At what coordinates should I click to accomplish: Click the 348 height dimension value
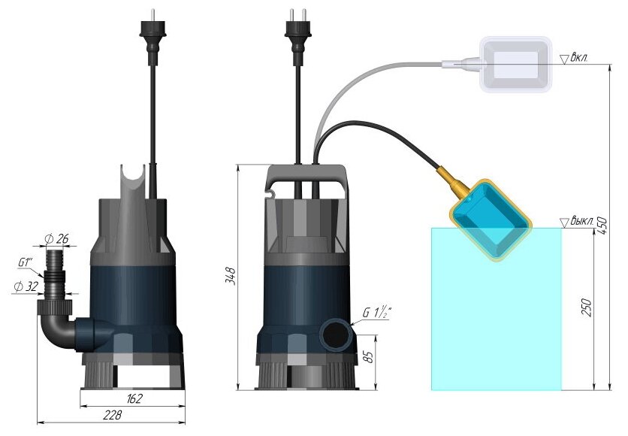click(x=231, y=276)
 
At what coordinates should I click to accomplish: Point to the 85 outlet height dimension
click(x=368, y=356)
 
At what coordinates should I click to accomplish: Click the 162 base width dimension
click(x=134, y=398)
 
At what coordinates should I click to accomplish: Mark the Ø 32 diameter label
click(x=25, y=286)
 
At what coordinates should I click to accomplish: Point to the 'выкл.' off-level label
click(x=581, y=222)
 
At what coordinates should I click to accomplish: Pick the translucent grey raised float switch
click(x=518, y=66)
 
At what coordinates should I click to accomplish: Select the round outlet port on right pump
click(x=334, y=333)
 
